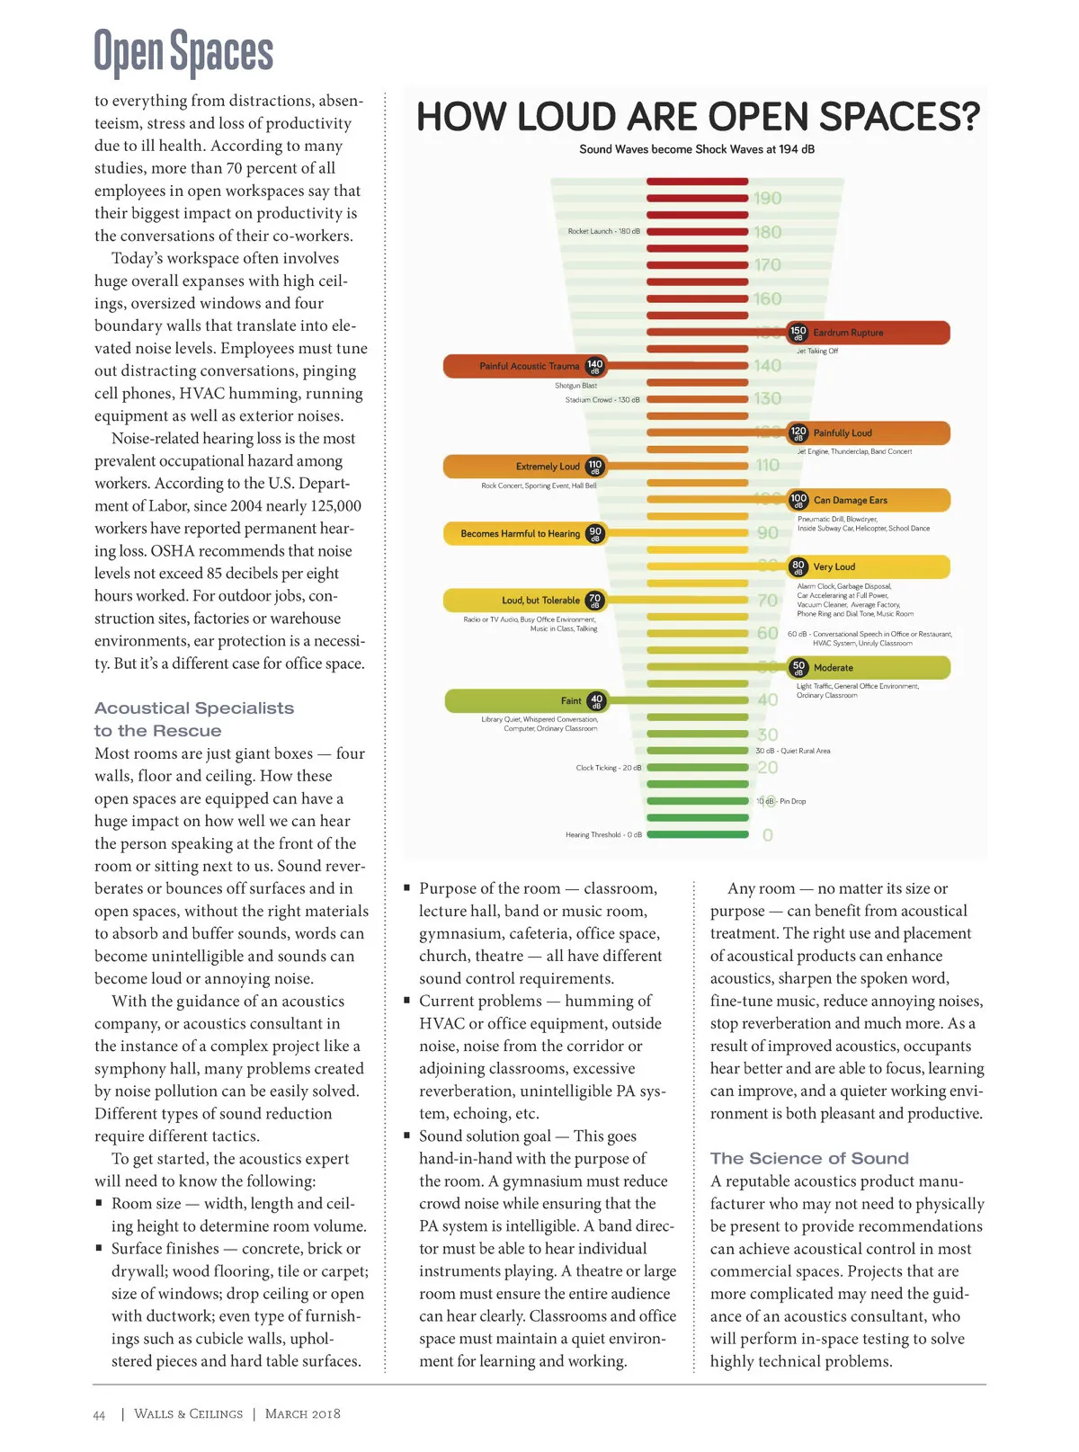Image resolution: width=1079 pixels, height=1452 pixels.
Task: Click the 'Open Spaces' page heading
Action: (183, 52)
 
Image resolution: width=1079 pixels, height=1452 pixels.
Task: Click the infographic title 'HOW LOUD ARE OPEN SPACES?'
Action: (698, 118)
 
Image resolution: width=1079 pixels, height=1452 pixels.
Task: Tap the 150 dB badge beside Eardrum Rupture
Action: (798, 333)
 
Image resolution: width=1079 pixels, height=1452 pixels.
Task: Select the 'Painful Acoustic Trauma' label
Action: (529, 366)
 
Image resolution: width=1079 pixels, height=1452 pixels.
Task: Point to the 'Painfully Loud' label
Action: (843, 433)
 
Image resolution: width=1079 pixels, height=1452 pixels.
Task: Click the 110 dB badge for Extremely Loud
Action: (594, 467)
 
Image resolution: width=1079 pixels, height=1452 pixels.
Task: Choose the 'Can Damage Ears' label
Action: (850, 500)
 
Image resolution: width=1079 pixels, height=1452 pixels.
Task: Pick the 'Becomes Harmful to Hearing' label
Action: (520, 534)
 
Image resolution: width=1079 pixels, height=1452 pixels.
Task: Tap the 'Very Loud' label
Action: (834, 567)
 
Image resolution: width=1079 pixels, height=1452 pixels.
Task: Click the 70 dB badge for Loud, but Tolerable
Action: (594, 600)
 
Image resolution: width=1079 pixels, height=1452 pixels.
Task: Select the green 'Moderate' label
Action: (833, 668)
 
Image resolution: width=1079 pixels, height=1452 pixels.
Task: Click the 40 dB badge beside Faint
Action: (596, 701)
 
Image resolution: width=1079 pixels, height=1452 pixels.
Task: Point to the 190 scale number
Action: (767, 199)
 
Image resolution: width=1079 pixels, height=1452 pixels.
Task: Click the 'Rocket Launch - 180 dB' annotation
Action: (603, 232)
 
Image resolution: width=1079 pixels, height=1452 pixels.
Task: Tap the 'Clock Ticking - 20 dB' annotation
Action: (609, 768)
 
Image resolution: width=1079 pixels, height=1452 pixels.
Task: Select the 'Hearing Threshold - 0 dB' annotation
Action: (603, 835)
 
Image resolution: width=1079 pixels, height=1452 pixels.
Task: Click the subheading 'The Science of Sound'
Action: (809, 1159)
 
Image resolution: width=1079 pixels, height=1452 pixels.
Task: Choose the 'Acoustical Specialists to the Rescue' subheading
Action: (194, 719)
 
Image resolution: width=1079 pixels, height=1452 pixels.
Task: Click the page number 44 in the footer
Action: (99, 1415)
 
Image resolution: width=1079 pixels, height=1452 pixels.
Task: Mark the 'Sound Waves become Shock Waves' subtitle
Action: (697, 149)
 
